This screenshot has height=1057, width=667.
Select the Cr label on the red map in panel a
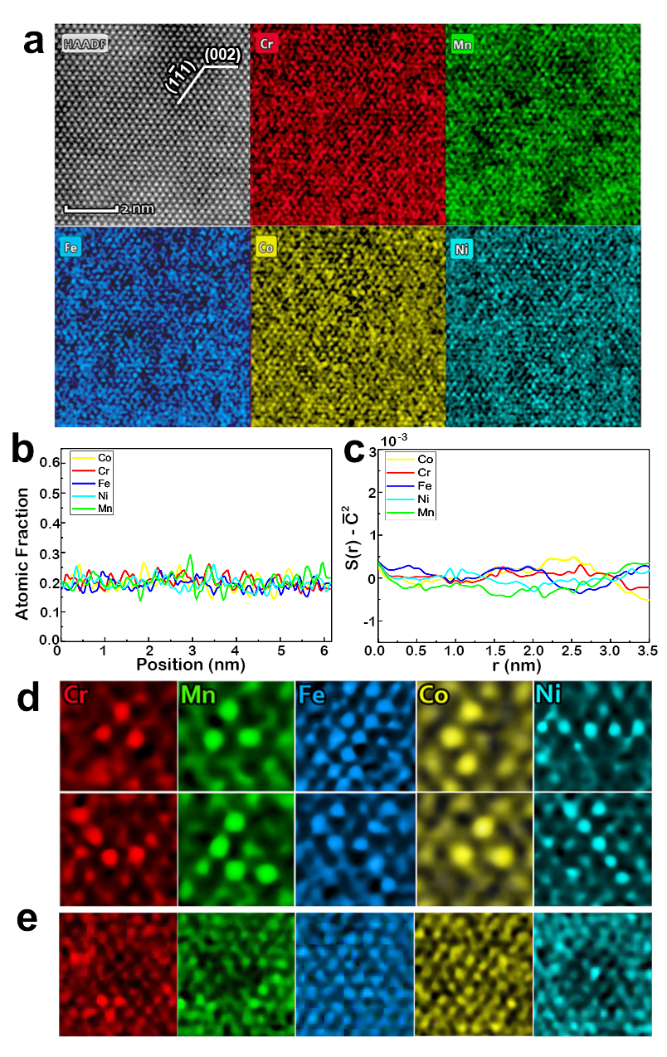(x=268, y=43)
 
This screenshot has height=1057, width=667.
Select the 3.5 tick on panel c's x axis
(x=648, y=651)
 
